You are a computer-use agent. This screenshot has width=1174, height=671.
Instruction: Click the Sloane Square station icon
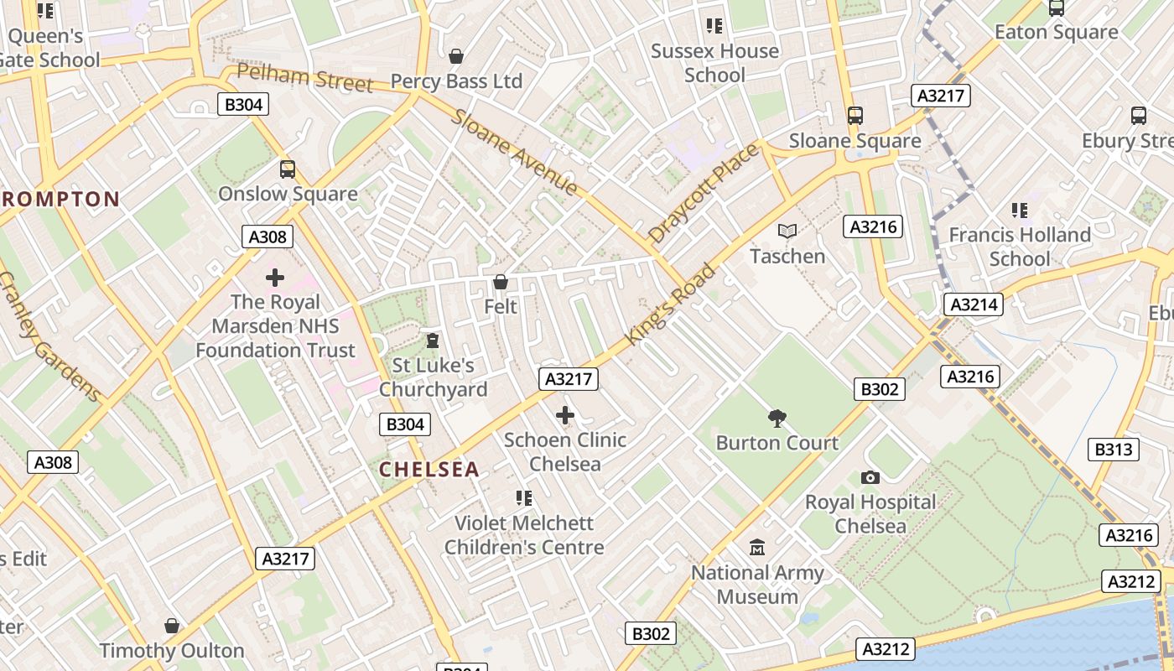pos(855,116)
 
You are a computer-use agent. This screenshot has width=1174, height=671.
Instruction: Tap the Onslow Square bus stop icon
pos(288,169)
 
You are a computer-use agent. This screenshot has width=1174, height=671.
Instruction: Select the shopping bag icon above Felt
pos(501,282)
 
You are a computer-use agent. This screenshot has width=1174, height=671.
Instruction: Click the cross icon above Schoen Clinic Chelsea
pos(565,414)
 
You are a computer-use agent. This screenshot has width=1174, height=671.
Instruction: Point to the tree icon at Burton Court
pos(777,418)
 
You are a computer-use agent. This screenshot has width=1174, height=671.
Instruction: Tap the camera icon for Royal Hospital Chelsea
pos(870,477)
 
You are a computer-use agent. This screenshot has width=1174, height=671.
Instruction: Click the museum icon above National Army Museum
pos(757,548)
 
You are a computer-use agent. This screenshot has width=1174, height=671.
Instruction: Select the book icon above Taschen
pos(787,231)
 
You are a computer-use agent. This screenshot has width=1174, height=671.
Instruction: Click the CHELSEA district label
pos(429,470)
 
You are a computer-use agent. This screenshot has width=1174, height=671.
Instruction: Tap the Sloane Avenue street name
pos(514,152)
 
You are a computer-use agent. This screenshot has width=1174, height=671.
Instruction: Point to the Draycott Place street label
pos(704,193)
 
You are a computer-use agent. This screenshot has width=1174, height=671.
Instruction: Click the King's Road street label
pos(671,304)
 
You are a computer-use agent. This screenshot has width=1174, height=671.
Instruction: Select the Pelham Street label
pos(304,77)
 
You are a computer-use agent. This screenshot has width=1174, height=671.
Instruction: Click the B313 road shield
pos(1114,450)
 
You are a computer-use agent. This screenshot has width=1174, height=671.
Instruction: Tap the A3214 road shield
pos(973,304)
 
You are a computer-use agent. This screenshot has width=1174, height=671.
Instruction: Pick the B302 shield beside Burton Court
pos(880,389)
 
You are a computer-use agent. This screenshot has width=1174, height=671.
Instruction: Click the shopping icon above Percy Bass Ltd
pos(456,56)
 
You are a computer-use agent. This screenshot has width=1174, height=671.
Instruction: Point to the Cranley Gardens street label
pos(49,336)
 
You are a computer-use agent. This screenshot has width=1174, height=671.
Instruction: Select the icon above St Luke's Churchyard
pos(433,341)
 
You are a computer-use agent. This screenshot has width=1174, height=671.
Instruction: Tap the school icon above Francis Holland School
pos(1020,210)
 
